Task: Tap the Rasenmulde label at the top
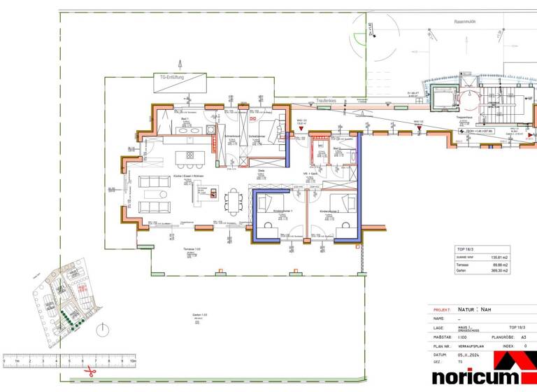click(x=464, y=22)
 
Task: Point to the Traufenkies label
click(x=325, y=101)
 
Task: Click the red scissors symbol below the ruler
click(x=89, y=372)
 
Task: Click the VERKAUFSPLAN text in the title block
click(x=469, y=346)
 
